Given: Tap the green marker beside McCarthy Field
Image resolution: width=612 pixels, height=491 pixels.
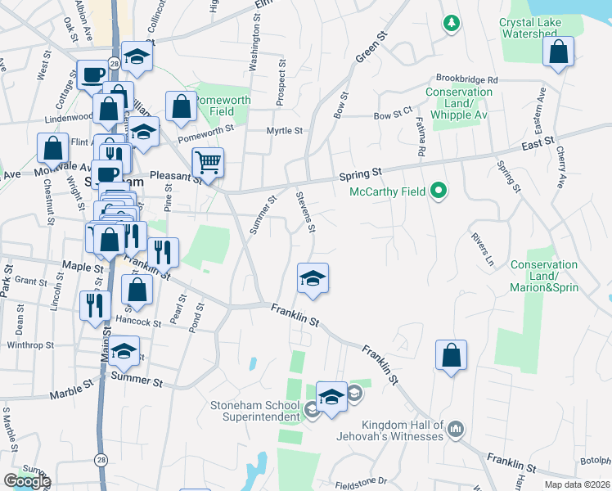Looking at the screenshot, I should pyautogui.click(x=439, y=192).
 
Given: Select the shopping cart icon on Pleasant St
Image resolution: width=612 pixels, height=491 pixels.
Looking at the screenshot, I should pyautogui.click(x=208, y=163).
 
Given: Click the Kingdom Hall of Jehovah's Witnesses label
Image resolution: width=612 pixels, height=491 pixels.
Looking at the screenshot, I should pyautogui.click(x=390, y=430).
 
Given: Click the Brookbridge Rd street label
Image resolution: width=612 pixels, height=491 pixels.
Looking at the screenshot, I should pyautogui.click(x=467, y=80).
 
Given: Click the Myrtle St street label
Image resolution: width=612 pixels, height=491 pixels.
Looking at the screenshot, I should pyautogui.click(x=285, y=131).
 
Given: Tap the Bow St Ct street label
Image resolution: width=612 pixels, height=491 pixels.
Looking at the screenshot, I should pyautogui.click(x=393, y=116).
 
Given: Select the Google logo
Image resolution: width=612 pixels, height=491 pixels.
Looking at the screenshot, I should pyautogui.click(x=26, y=482).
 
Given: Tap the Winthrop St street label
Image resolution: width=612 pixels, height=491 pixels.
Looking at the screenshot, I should pyautogui.click(x=29, y=345).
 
